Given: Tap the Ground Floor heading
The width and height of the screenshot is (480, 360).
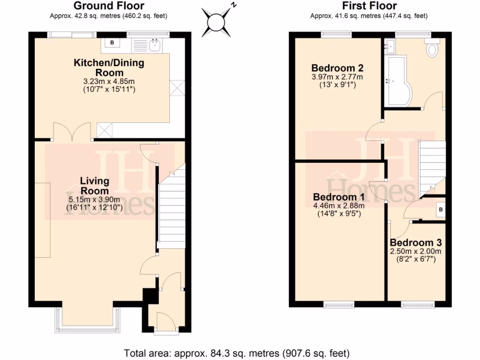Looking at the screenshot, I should click(x=109, y=6).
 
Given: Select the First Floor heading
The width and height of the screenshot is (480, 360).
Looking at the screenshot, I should click(x=369, y=6).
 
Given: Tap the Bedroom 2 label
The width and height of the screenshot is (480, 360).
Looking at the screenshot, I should click(x=337, y=67).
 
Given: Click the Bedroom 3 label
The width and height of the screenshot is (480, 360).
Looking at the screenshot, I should click(x=416, y=243).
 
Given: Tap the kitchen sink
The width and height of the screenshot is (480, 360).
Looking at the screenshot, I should click(x=155, y=45).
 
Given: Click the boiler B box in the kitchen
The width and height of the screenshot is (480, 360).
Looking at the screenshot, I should click(x=112, y=43).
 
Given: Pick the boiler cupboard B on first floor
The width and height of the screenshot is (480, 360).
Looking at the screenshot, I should click(x=440, y=210).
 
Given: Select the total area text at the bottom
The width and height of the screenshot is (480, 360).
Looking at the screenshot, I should click(x=237, y=352).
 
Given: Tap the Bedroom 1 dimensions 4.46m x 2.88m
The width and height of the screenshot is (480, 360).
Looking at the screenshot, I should click(x=338, y=205).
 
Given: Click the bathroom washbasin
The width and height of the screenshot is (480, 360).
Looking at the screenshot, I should click(x=390, y=45).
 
